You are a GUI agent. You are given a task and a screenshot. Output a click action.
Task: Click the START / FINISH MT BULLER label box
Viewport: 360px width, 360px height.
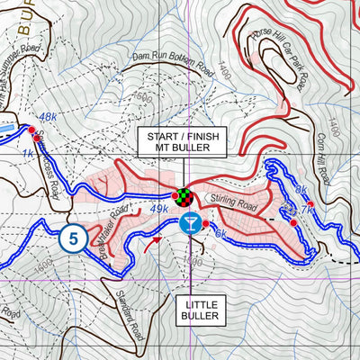(183, 142)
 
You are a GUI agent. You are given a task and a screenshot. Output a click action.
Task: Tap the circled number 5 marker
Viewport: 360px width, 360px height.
(73, 239)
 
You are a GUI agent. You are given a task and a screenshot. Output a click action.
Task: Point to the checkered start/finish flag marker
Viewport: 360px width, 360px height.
(185, 196)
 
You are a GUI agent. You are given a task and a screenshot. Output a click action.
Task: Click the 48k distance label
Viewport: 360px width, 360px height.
(47, 117)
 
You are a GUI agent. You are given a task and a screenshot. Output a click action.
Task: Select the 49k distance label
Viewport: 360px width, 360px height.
(159, 210)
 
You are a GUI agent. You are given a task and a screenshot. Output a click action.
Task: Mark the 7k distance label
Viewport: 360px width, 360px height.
(308, 209)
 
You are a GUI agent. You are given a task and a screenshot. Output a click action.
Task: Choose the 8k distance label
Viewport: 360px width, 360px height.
(301, 189)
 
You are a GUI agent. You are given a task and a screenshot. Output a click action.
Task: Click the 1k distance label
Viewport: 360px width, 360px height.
(27, 154)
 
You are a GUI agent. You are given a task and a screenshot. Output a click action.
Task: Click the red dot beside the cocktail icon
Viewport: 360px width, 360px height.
(205, 223)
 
